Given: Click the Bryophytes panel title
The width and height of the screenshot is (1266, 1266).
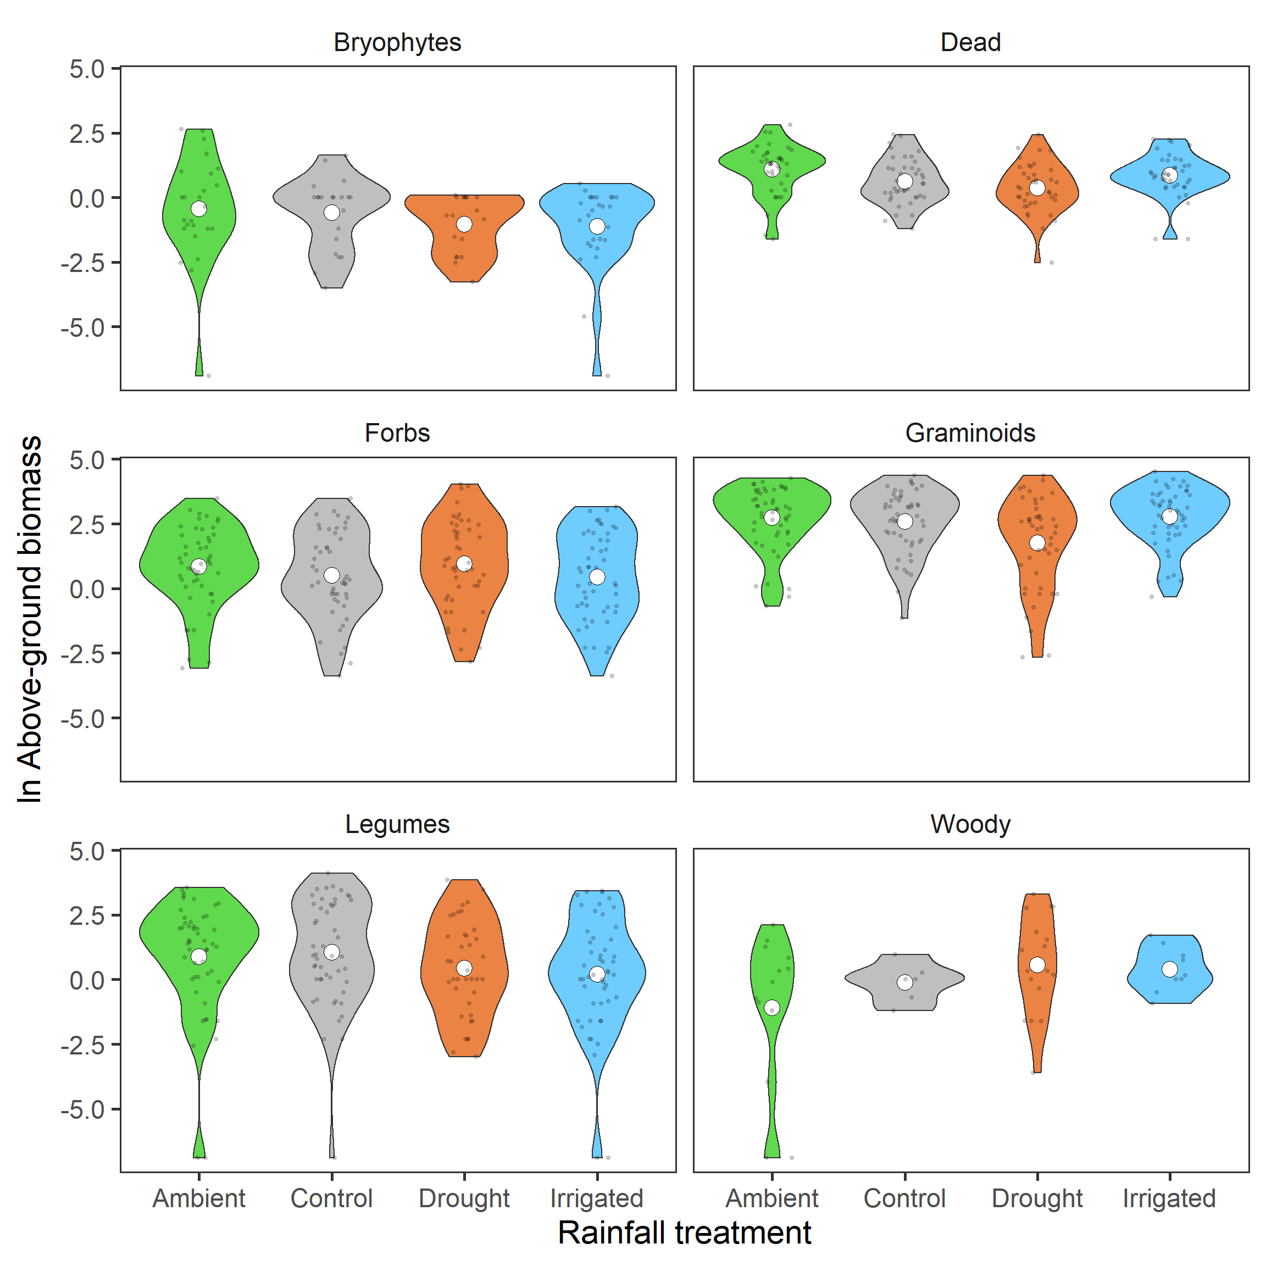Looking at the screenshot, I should (397, 43).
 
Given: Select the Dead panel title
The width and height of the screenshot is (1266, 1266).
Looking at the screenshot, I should (970, 43).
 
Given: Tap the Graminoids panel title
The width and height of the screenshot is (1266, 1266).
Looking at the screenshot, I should (970, 433).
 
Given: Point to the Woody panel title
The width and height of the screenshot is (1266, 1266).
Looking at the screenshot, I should (970, 824).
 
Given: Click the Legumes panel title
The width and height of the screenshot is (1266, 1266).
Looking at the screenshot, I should (397, 824).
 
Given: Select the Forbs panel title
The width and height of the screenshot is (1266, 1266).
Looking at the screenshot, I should (397, 433).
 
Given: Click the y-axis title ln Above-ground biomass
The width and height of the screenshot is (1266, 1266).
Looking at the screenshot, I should (30, 619).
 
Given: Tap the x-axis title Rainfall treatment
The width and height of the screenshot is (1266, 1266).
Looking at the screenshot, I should (684, 1232).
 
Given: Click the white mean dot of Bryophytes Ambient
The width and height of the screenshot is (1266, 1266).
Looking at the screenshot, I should (199, 209).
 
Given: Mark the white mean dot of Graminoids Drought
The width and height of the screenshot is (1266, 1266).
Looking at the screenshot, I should (1037, 542).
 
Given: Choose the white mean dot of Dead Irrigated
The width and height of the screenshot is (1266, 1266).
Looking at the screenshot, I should (1170, 175).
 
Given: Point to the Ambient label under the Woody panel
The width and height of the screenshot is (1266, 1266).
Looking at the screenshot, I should (772, 1198).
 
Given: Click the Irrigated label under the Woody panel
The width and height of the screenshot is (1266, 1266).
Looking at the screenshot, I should (1170, 1198).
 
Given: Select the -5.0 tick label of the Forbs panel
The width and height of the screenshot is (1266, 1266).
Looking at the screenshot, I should (82, 719).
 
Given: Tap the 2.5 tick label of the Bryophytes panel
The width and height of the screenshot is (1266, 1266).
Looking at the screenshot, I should (87, 134).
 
